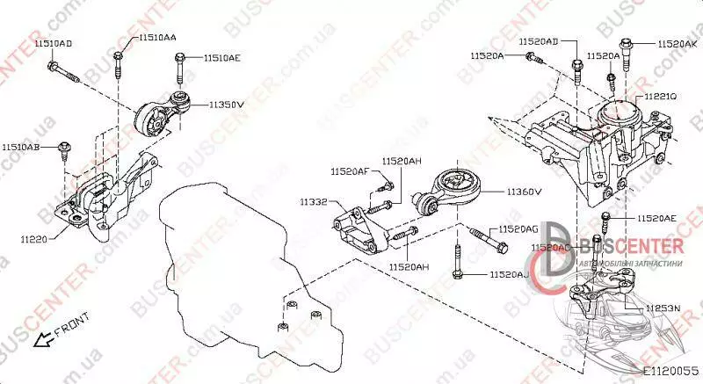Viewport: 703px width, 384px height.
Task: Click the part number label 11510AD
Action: (x=54, y=43)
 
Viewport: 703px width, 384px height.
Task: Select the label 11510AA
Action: (x=156, y=38)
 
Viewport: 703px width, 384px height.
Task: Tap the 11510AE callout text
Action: (x=221, y=58)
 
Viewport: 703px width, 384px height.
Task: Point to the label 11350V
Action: (x=226, y=104)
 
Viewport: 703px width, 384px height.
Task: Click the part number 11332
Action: (x=313, y=202)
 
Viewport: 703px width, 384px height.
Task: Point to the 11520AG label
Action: (x=518, y=228)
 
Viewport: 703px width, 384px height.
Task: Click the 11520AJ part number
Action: (x=509, y=275)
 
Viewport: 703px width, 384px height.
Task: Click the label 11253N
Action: (x=664, y=308)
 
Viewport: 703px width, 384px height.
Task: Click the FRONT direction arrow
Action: (x=40, y=337)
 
